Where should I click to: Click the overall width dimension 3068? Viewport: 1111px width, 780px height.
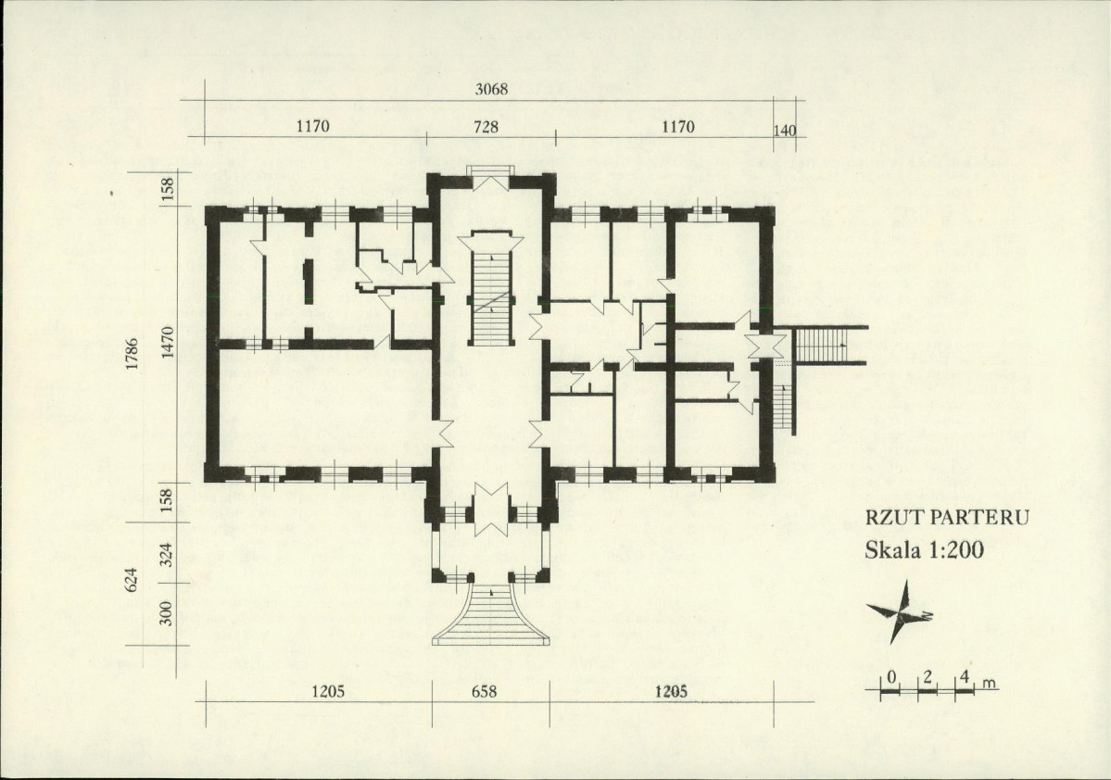491,89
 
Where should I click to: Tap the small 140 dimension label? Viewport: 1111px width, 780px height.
785,131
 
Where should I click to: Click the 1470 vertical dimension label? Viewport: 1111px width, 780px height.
167,342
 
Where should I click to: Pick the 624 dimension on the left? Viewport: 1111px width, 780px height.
132,580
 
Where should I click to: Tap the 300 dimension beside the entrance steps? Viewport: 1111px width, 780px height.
167,613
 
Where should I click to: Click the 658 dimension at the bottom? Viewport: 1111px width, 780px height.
484,691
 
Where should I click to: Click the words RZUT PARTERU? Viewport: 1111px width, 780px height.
947,517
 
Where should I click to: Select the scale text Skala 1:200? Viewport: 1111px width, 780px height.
924,549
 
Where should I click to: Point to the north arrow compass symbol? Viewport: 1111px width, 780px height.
900,611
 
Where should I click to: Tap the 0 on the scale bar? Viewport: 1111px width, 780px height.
891,677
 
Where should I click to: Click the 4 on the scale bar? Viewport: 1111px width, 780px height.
964,677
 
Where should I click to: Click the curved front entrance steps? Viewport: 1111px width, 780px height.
491,615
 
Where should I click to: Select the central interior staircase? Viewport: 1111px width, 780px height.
490,289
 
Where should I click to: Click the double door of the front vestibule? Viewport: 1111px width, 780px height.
491,509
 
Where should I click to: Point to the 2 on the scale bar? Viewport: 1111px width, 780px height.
927,677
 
